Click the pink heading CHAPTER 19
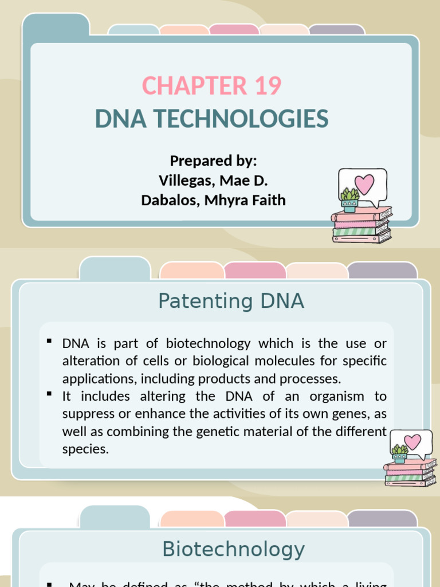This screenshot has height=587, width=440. point(212,86)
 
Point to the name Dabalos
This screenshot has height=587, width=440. point(167,200)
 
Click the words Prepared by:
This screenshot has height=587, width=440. point(213,161)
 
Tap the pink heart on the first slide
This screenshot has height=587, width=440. point(364,184)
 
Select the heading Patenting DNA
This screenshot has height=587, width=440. point(231,301)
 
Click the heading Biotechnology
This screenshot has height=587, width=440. point(233,549)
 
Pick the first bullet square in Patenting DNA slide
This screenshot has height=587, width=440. point(49,342)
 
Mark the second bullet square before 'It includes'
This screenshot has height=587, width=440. point(49,394)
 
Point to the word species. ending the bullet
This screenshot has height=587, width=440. point(85,449)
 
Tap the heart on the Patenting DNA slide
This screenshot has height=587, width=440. point(412,442)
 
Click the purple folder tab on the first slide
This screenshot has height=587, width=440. point(336,30)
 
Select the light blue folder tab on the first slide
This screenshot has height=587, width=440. point(133,30)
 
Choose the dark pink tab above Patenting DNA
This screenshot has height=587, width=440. point(254,270)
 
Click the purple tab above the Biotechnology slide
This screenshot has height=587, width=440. point(382,518)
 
